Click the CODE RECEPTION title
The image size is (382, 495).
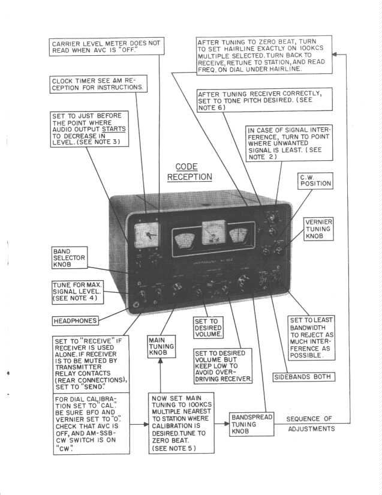189,172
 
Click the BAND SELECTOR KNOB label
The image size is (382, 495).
70,258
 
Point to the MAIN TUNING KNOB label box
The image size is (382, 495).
161,347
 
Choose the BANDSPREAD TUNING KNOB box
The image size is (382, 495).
251,425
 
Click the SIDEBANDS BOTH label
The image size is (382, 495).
303,377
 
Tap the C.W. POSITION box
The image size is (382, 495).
315,180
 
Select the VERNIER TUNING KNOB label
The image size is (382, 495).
318,229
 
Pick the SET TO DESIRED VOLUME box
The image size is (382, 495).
207,328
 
